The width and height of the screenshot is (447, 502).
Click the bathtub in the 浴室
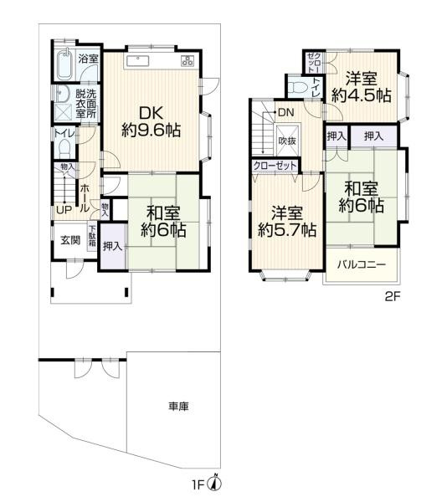tap(64, 62)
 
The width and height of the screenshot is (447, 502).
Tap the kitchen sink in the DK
tap(138, 60)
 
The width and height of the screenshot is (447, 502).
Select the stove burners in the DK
tap(187, 60)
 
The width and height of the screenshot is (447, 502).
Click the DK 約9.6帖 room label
tap(151, 120)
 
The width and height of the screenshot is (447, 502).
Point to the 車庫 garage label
tap(177, 407)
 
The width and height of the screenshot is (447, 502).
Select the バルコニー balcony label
tap(362, 265)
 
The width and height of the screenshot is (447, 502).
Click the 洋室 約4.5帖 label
tap(361, 87)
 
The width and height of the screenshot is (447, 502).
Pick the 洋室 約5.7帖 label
tap(287, 220)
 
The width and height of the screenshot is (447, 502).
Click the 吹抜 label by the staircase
tap(288, 141)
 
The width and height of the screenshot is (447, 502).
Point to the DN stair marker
tap(285, 112)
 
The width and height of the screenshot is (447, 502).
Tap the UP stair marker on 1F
tap(64, 209)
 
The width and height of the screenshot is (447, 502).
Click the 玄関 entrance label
tap(69, 240)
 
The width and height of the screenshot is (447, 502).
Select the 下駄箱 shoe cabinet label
tap(91, 233)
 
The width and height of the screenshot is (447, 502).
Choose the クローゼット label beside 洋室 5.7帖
tap(275, 166)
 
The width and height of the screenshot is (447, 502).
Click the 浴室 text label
tap(89, 59)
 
